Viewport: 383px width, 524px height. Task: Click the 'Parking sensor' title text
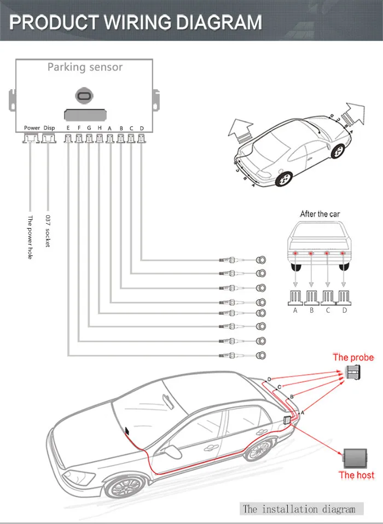coord(85,67)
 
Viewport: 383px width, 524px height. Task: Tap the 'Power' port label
coord(32,128)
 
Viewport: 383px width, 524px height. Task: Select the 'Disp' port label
coord(49,128)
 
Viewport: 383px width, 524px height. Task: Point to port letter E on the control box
coord(68,128)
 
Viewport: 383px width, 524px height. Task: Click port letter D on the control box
coord(142,128)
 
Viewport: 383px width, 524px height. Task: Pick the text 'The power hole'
coord(31,237)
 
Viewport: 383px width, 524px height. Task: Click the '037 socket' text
coord(48,231)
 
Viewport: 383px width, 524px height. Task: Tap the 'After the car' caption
coord(321,214)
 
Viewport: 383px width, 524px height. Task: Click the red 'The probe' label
coord(353,357)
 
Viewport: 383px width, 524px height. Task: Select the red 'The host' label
coord(356,475)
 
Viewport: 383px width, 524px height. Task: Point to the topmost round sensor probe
coord(262,259)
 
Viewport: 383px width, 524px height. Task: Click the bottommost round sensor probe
coord(262,356)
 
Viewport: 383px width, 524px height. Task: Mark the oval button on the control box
coord(85,96)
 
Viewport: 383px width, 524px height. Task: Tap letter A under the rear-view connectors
coord(295,310)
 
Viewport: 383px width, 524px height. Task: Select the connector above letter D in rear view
coord(344,298)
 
